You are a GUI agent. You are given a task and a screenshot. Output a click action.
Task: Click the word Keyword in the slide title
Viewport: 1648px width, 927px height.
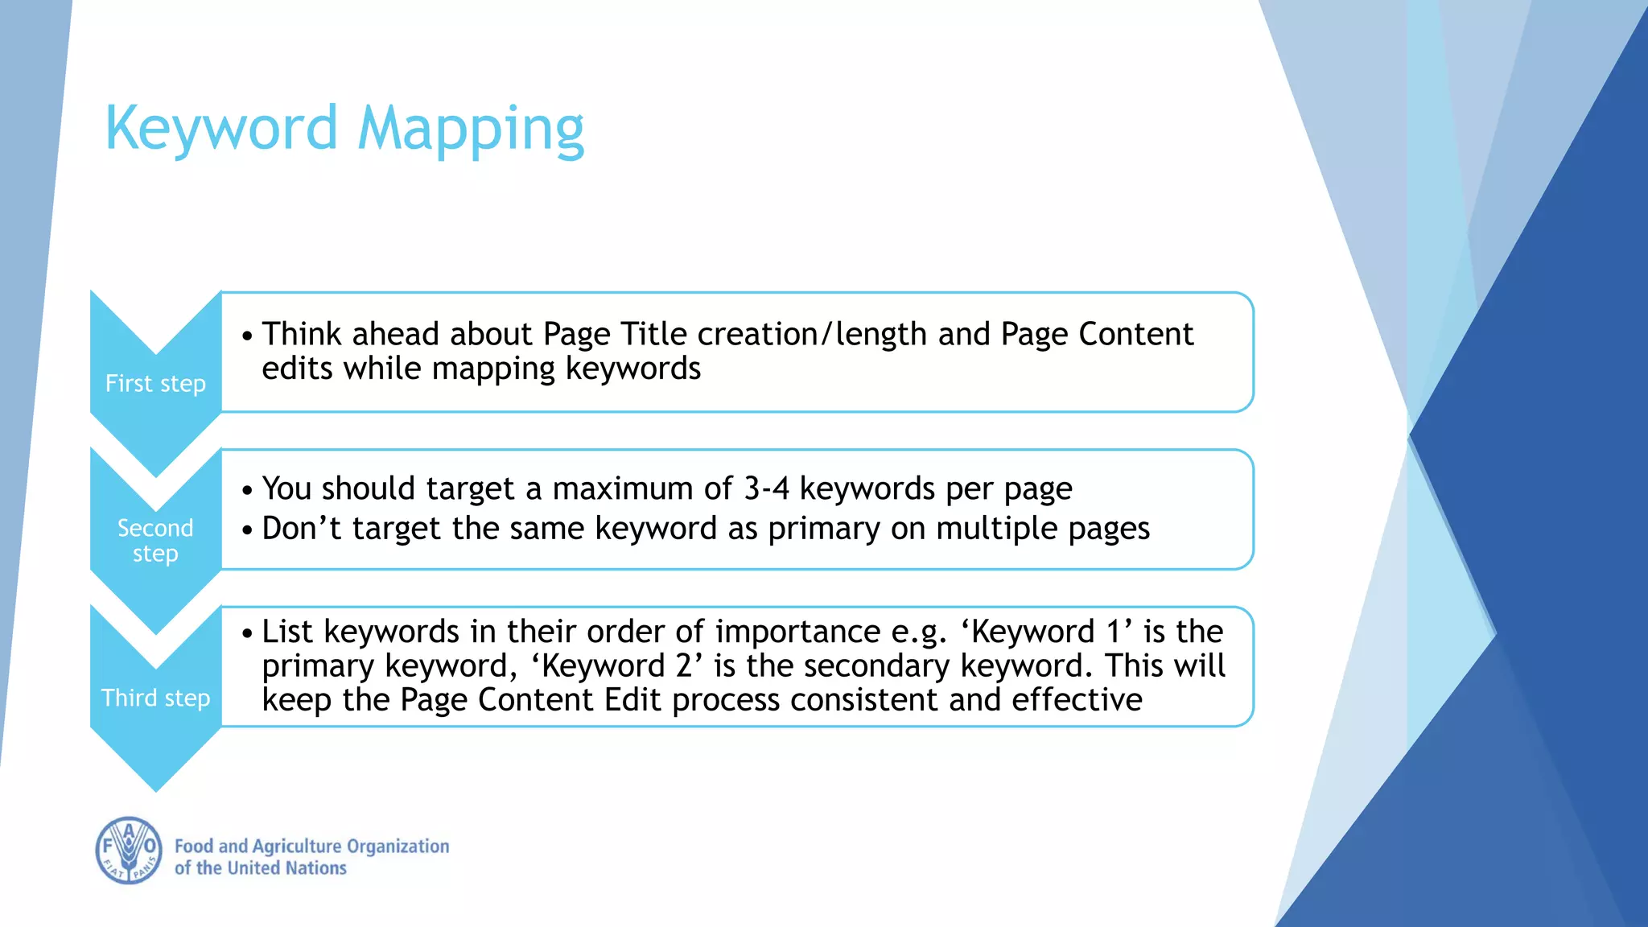pos(221,129)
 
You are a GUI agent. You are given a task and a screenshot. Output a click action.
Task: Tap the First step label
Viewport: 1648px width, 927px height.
pos(155,384)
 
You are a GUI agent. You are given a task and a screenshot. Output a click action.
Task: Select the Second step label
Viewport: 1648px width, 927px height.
pos(155,540)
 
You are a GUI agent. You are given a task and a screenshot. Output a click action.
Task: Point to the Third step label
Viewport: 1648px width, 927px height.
pos(155,698)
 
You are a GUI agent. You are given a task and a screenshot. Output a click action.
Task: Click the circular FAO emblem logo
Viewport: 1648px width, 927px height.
pos(129,851)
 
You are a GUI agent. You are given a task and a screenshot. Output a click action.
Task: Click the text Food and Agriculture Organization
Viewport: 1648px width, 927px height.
pos(311,846)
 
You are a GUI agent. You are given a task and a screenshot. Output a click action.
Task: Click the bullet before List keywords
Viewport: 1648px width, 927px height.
pos(247,633)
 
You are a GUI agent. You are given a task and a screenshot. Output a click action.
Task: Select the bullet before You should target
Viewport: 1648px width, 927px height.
pos(247,490)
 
